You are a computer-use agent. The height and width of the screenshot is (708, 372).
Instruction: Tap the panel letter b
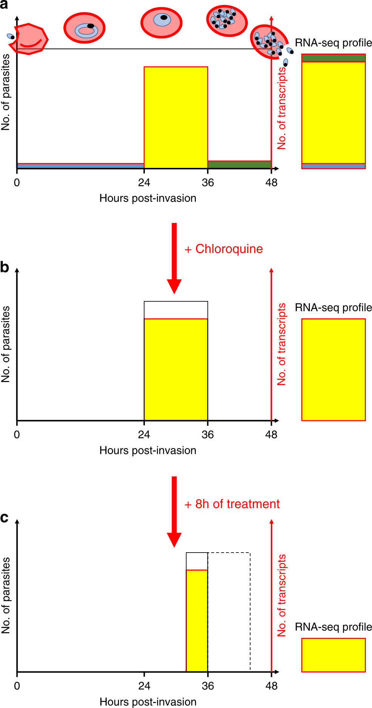[x=5, y=267]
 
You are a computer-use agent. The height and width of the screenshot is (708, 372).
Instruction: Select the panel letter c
[x=4, y=518]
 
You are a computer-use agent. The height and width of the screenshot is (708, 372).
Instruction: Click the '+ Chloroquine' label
[x=224, y=249]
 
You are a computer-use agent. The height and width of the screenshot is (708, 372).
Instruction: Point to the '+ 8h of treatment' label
[x=232, y=504]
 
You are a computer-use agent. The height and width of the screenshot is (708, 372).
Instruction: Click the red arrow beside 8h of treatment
[x=174, y=511]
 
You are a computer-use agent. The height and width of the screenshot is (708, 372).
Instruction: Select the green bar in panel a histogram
[x=239, y=164]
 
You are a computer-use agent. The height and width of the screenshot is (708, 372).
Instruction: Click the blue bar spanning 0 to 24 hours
[x=80, y=166]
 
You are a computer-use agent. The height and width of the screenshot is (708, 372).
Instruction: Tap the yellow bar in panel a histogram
[x=176, y=117]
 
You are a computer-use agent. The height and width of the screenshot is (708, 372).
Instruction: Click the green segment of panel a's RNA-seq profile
[x=334, y=58]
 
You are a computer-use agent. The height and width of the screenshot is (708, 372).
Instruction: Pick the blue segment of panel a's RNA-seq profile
[x=334, y=166]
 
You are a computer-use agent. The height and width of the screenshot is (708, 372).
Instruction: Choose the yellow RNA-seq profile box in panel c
[x=334, y=655]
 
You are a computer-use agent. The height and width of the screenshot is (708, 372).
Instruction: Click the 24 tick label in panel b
[x=144, y=435]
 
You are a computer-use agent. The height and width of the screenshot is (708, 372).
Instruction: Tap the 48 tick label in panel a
[x=271, y=183]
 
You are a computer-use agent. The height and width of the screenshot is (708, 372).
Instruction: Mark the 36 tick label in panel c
[x=208, y=686]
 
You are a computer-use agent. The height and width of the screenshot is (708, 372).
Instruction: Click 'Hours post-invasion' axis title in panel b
[x=148, y=450]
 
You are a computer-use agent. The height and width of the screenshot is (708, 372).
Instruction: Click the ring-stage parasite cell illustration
[x=84, y=28]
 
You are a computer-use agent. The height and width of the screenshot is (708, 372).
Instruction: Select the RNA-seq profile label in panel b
[x=334, y=307]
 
